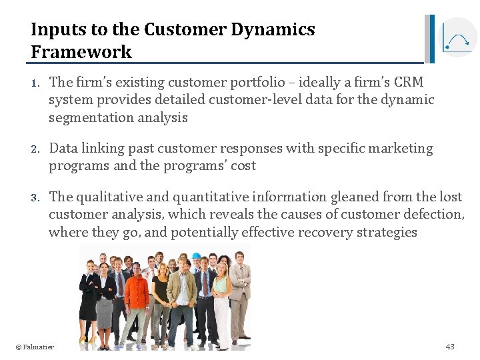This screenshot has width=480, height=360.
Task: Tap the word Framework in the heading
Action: coord(81,52)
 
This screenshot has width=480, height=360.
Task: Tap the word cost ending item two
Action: coord(243,166)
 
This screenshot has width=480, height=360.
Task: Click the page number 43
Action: coord(450,347)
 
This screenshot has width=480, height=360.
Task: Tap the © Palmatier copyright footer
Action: coord(35,347)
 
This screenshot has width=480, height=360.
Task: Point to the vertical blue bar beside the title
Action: coord(431,39)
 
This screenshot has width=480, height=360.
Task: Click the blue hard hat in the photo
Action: coord(196,256)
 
